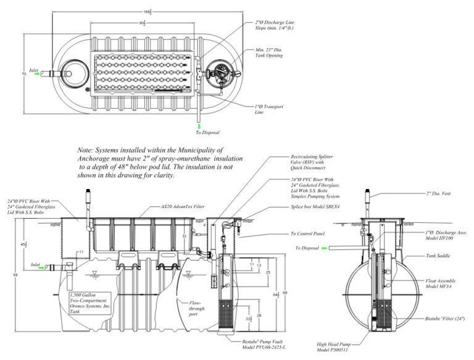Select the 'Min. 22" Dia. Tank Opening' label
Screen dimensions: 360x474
[269, 52]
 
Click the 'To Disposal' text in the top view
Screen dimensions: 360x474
[207, 132]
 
